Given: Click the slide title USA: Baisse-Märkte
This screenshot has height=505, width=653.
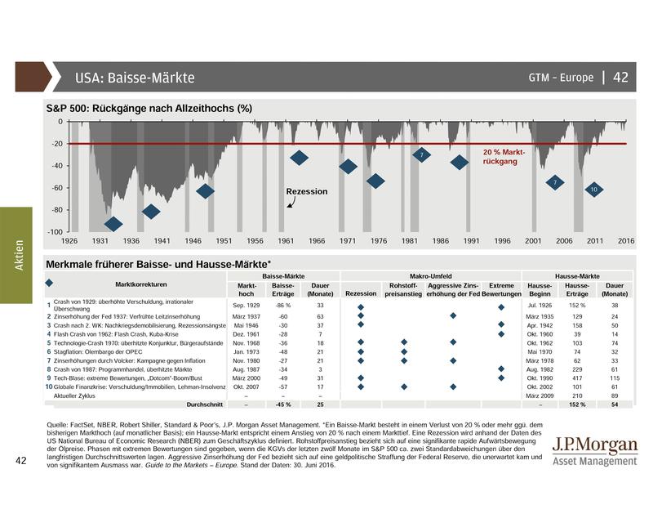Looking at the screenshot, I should coord(135,78).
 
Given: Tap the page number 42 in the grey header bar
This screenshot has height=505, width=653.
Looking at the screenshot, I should coord(620,78).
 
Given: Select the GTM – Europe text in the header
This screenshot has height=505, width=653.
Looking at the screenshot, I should coord(562,78).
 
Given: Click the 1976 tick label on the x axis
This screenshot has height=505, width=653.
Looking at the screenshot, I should coord(378,241).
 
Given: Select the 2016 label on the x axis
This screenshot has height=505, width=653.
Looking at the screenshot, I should coord(626,241).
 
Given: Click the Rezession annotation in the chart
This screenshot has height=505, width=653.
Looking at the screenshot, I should coord(306,192).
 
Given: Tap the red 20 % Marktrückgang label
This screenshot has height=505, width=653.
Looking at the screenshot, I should coord(504,157).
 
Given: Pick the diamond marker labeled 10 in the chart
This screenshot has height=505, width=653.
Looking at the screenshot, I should coord(594,190).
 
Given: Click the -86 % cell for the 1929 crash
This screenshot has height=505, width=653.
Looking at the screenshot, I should coord(283,305).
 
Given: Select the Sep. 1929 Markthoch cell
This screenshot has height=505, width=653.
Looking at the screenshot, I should coord(247,305).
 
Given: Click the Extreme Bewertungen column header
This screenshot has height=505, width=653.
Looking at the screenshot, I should coord(501,289).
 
